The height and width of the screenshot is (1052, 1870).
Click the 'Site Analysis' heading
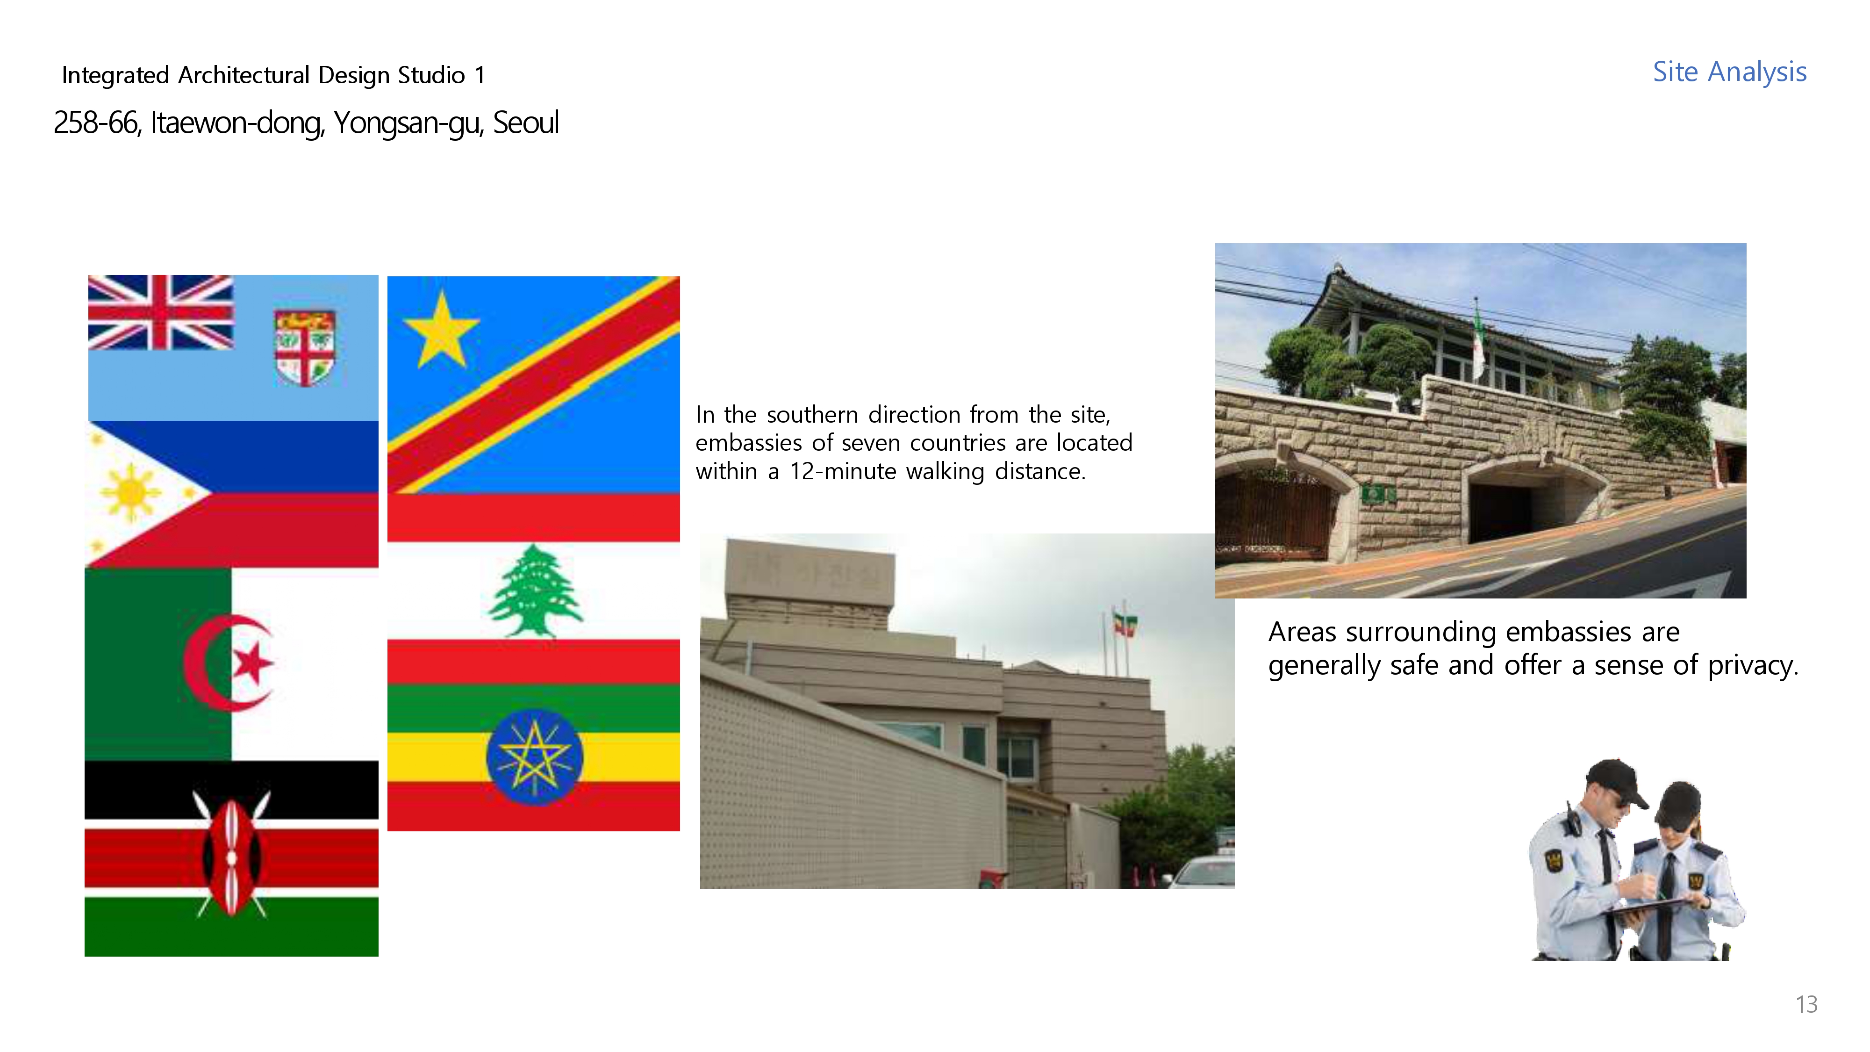point(1729,72)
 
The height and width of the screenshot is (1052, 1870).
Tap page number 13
point(1806,1004)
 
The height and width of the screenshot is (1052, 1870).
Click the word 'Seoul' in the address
point(526,122)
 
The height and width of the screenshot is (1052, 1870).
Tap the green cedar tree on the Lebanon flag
point(535,592)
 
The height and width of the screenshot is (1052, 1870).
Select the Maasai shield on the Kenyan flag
point(231,857)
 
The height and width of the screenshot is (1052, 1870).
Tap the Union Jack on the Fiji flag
point(160,312)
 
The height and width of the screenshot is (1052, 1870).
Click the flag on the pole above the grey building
point(1126,624)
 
